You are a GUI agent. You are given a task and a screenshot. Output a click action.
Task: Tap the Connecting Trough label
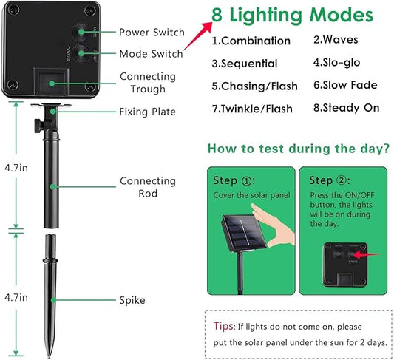(x=148, y=82)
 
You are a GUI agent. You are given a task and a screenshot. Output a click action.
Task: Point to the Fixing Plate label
(x=148, y=112)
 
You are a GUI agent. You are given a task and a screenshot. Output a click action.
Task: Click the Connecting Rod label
(x=148, y=186)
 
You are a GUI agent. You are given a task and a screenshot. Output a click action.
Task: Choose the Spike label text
(x=132, y=300)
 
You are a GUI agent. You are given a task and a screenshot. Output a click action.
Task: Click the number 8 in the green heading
(x=217, y=16)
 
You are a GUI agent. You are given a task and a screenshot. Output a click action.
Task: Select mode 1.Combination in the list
(x=249, y=41)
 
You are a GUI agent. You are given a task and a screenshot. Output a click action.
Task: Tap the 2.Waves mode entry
(x=337, y=39)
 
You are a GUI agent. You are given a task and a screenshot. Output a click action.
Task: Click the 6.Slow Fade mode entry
(x=346, y=85)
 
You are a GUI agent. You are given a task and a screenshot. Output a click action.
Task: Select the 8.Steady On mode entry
(x=346, y=108)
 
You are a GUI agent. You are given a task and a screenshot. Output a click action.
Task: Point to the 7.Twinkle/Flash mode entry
(x=252, y=109)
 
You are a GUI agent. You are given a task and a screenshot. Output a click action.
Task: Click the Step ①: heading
(x=235, y=180)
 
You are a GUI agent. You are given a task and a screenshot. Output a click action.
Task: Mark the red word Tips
(x=224, y=327)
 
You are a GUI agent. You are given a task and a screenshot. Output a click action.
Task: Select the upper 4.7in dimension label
(x=14, y=169)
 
